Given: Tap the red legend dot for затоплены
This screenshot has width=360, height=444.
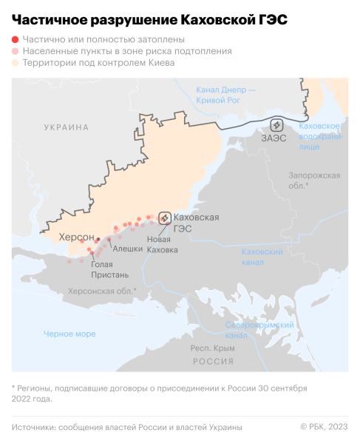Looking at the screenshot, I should [15, 39].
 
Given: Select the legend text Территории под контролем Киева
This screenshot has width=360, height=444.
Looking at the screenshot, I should [98, 64].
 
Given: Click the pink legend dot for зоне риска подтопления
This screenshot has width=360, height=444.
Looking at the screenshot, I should [15, 52].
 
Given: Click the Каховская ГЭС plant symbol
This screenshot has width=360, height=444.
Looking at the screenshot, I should [164, 217].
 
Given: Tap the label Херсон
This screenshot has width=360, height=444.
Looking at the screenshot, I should [76, 237].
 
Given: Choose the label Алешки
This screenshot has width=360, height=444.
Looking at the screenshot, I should [127, 249].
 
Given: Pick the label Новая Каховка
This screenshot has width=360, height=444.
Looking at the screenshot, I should [163, 245].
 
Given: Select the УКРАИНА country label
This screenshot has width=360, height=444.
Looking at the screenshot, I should [66, 127].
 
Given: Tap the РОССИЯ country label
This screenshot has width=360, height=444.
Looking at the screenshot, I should [213, 361].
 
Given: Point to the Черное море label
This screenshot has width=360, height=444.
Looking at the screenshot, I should [69, 334].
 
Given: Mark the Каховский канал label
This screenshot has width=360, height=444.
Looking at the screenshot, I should [262, 257].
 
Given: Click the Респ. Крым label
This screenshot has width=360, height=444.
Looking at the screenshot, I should [212, 348].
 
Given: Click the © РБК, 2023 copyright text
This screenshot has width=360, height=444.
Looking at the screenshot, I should [324, 427].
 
